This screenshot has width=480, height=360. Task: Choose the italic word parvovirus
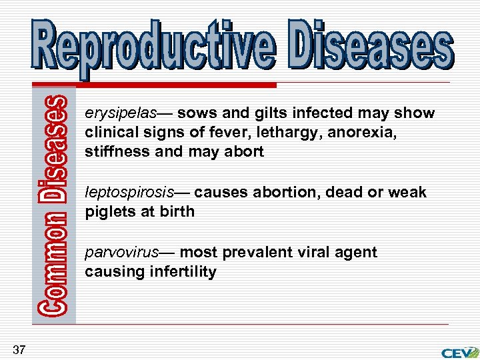(x=122, y=253)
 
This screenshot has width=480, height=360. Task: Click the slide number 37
(x=19, y=349)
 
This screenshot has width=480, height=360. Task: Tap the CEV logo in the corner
(x=459, y=351)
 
